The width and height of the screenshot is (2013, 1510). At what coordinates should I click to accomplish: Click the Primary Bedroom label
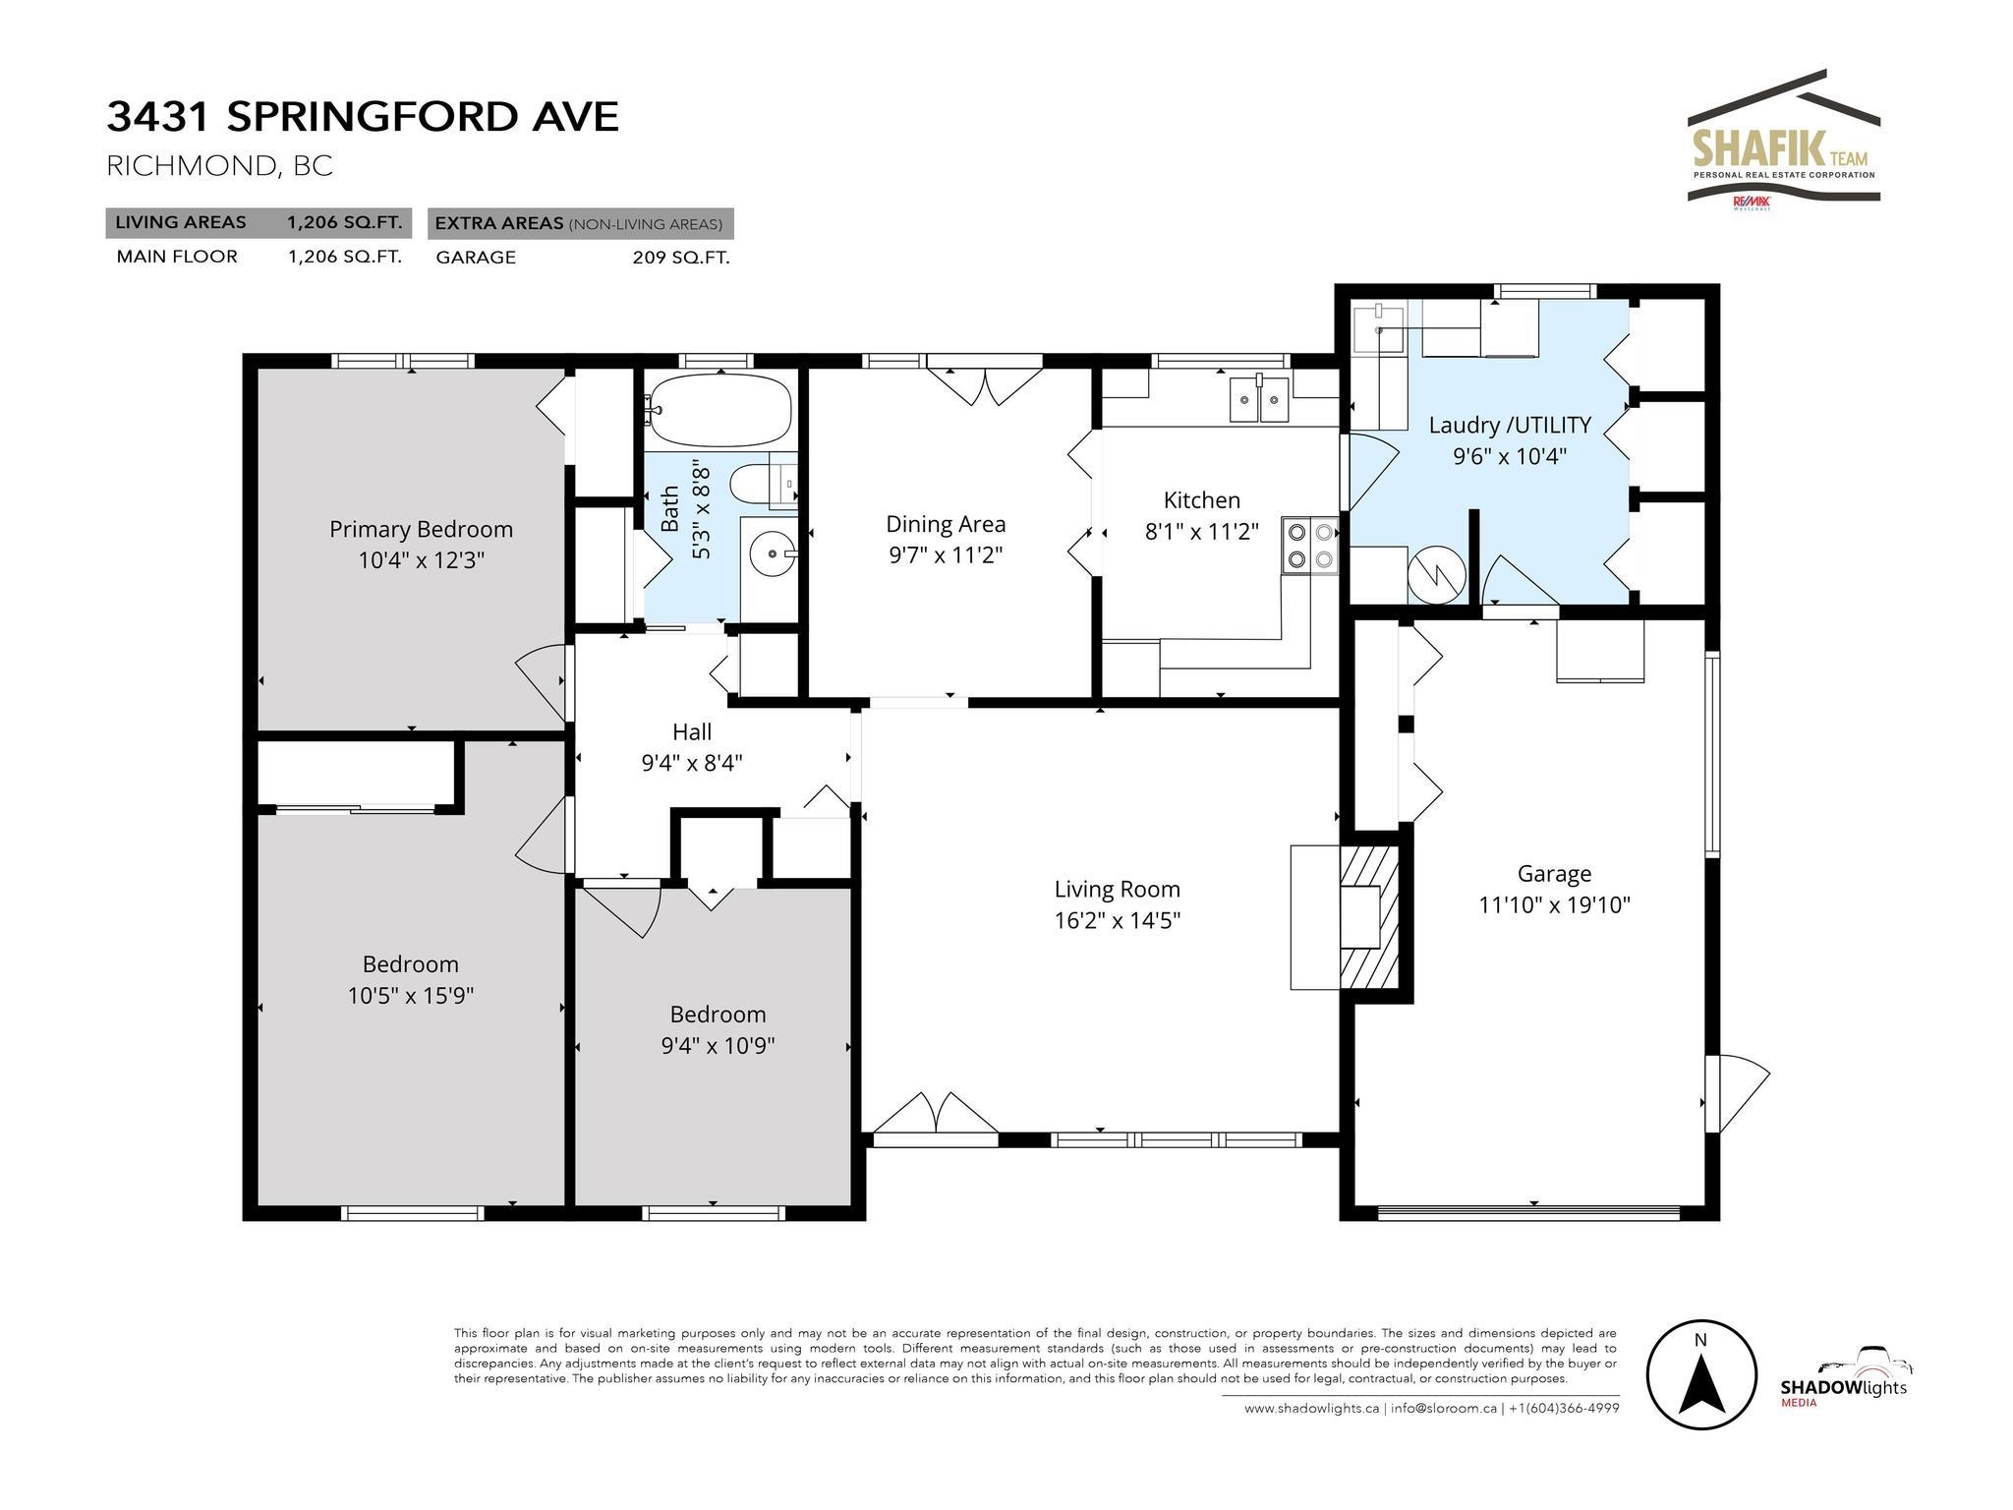421,529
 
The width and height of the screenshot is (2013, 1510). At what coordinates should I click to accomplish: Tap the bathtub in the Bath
720,410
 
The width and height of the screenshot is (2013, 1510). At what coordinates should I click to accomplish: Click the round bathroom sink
773,554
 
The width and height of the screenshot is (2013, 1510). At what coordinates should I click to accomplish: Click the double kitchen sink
1259,399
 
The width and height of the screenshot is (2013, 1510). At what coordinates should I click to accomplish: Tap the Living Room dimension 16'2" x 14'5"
1118,920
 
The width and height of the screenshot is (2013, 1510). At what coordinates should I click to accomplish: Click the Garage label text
1554,873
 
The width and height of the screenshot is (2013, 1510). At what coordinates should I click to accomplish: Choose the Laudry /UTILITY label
1510,425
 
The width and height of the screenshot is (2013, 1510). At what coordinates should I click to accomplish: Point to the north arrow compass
1701,1374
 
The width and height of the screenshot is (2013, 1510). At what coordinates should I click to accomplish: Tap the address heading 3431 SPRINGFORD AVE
363,116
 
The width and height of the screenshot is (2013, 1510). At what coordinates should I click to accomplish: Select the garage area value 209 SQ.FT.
681,258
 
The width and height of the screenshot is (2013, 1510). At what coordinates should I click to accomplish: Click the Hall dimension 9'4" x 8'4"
692,763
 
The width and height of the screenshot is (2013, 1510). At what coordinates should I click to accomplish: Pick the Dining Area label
946,524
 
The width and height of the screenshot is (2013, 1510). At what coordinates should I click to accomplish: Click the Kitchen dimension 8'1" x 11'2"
1202,532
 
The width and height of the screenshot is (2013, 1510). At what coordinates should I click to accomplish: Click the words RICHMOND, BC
219,166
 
